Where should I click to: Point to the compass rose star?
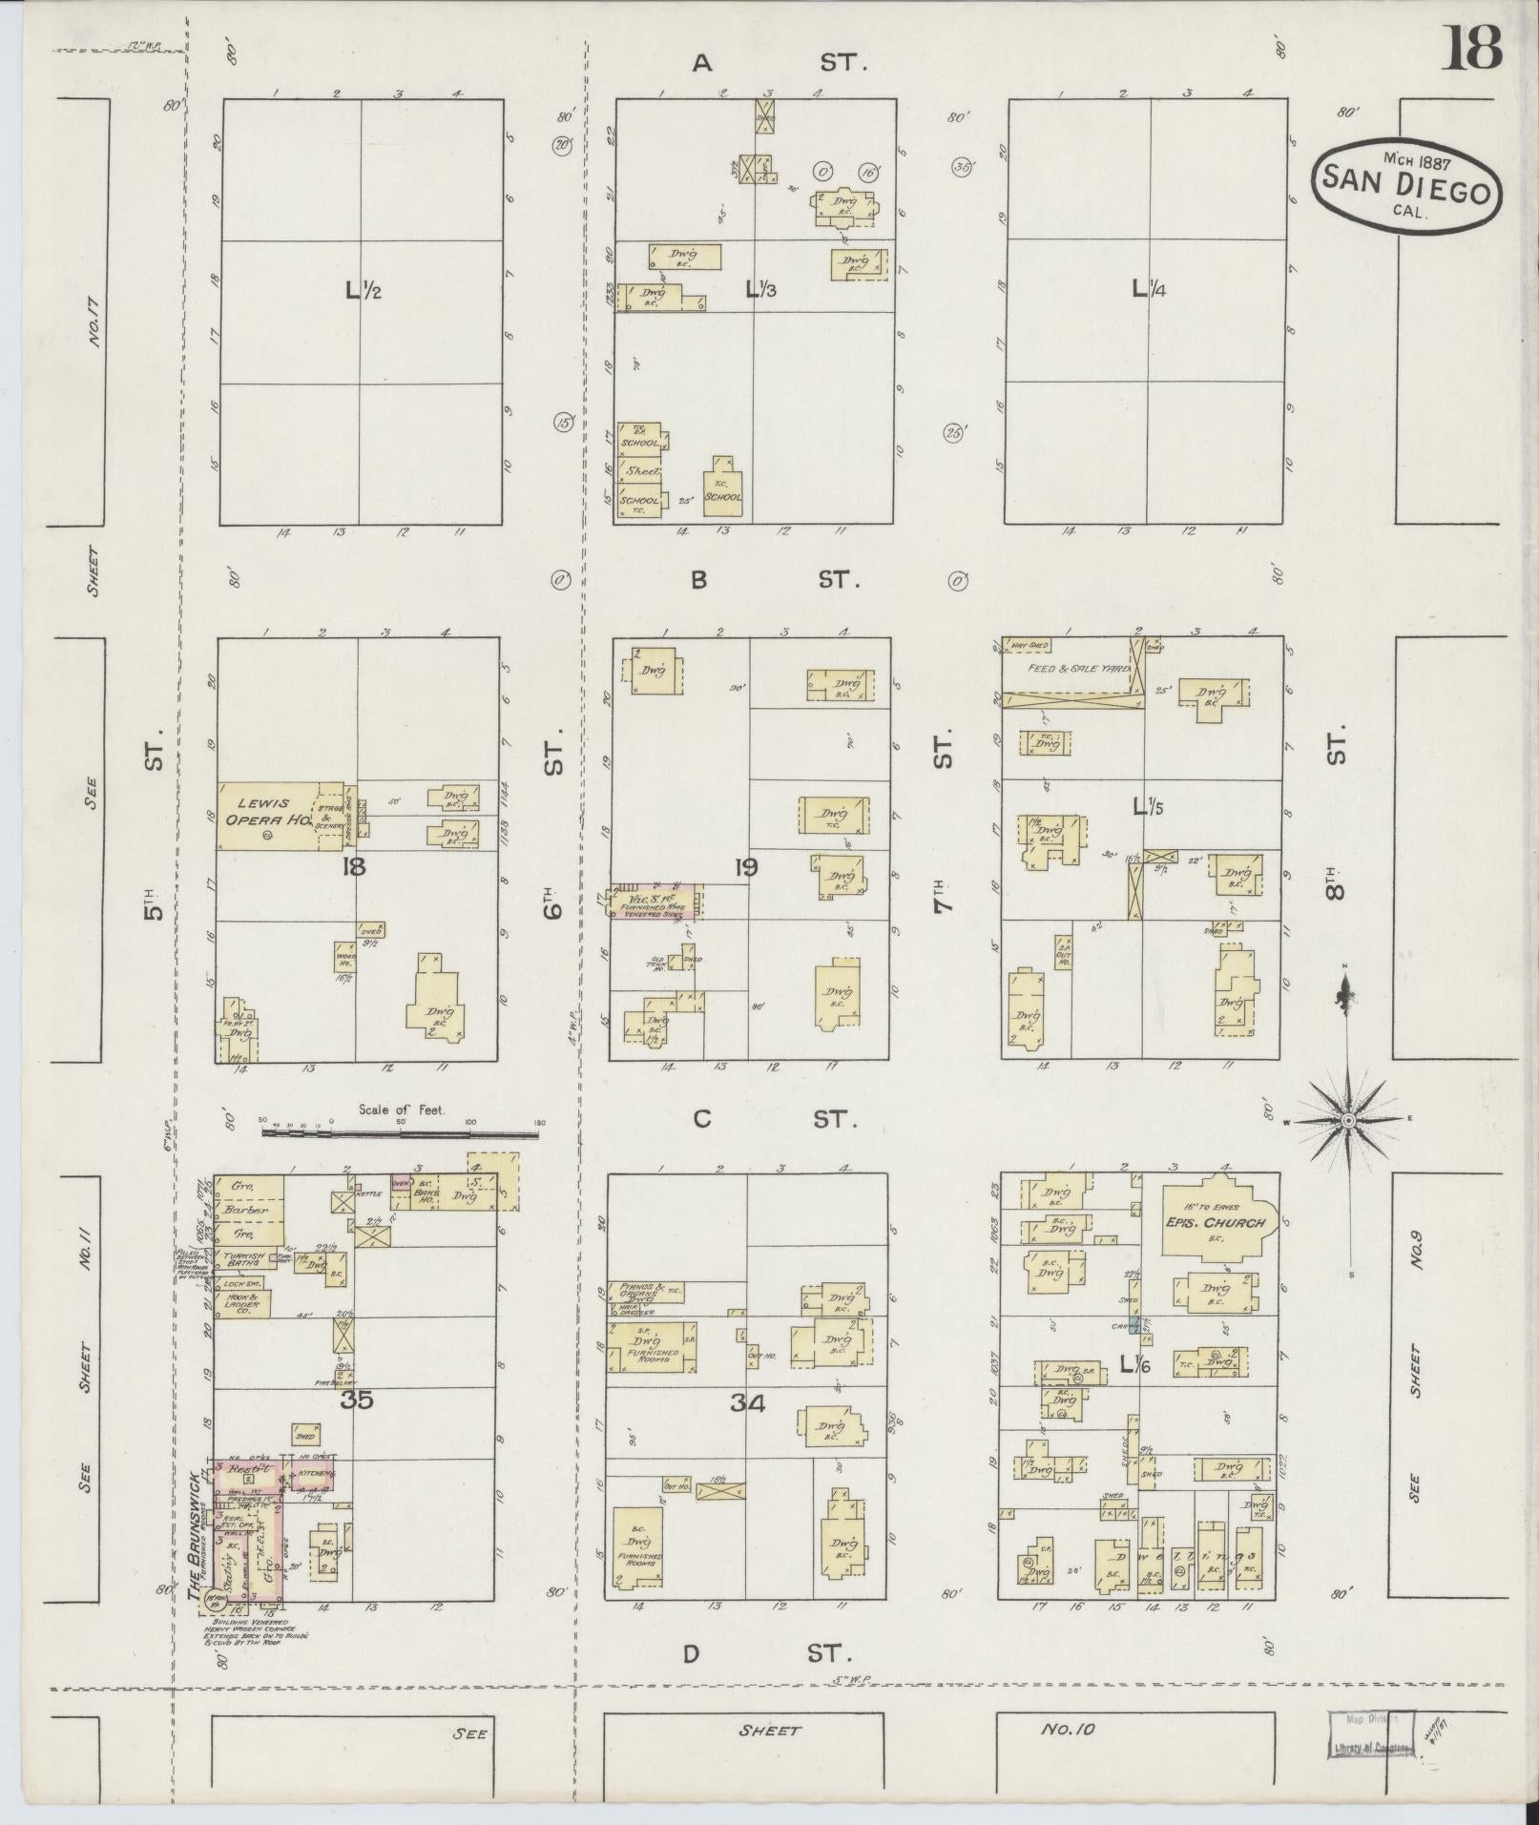pyautogui.click(x=1348, y=1120)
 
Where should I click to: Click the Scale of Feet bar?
pyautogui.click(x=401, y=1133)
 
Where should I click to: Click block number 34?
pyautogui.click(x=748, y=1402)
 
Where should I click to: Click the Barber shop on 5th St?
pyautogui.click(x=249, y=1210)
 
